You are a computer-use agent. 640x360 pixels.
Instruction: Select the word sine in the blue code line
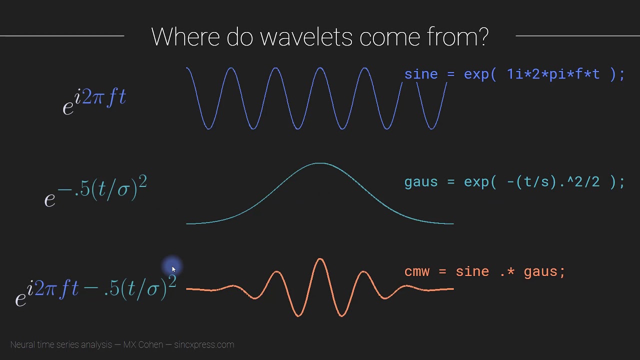421,74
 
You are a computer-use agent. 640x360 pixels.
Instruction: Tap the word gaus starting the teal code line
421,182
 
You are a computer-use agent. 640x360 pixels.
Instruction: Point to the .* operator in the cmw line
506,272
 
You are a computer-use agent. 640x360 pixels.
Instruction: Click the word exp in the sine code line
476,75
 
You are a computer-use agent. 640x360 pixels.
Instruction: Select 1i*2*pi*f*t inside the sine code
553,74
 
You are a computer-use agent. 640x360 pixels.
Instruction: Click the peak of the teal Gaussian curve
319,163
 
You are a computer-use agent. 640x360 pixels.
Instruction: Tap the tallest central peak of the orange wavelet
320,259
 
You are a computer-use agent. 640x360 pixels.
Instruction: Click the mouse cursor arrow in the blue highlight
173,269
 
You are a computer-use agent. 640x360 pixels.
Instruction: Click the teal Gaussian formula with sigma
95,190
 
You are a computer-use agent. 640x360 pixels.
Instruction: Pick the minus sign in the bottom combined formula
91,289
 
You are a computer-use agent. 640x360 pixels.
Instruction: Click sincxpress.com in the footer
203,344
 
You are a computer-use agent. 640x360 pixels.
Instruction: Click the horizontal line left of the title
62,35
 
